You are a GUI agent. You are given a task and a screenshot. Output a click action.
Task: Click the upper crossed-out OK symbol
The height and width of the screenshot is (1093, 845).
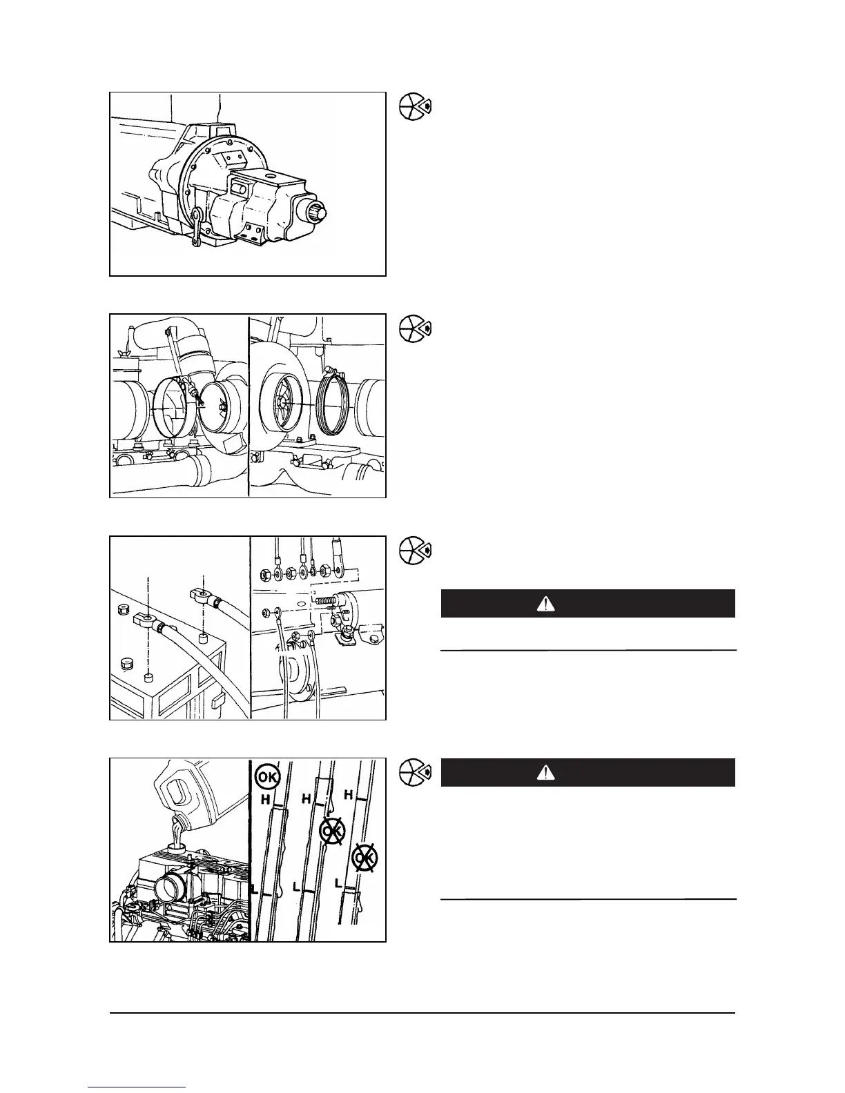[333, 831]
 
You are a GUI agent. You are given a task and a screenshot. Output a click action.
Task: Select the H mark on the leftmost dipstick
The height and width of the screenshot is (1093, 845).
[264, 799]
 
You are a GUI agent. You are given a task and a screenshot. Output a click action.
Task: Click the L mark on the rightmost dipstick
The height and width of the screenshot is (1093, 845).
[338, 883]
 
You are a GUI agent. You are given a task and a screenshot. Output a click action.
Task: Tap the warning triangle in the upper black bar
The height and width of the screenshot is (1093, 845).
[546, 604]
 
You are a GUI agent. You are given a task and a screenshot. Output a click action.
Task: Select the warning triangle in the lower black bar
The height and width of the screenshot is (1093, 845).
[546, 773]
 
